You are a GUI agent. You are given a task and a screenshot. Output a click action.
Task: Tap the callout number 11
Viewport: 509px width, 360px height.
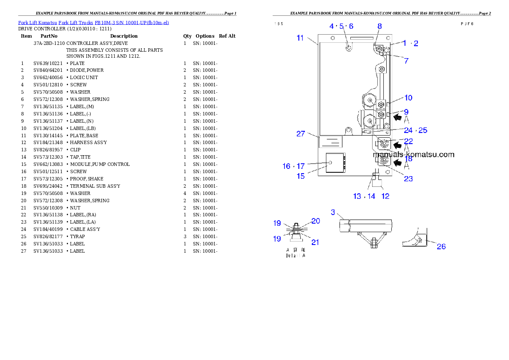(x=300, y=38)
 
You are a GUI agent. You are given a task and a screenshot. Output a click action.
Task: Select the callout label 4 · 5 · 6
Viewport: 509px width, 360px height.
(x=341, y=26)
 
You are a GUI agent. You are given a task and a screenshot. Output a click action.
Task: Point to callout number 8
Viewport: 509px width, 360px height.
(x=379, y=26)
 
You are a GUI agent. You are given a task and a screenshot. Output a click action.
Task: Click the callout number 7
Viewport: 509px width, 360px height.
(x=406, y=61)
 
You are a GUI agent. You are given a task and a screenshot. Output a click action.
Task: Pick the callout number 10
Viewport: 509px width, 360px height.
(x=408, y=98)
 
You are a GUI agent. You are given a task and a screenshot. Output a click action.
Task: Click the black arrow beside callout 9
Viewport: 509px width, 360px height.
(x=397, y=116)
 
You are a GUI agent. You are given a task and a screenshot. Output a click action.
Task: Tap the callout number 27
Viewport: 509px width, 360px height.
(x=301, y=134)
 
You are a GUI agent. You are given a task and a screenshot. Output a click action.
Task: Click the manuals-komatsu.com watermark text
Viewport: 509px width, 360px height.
(x=413, y=155)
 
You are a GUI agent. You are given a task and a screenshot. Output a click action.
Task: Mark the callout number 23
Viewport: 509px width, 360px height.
(x=408, y=179)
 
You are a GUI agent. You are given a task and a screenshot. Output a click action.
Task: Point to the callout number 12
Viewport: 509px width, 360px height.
(x=385, y=196)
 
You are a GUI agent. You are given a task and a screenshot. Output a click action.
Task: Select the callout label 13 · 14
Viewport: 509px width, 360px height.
(x=364, y=196)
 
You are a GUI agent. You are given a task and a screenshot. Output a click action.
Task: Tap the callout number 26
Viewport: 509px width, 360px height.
(x=441, y=246)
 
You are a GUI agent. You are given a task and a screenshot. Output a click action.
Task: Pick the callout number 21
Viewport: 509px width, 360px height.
(x=315, y=242)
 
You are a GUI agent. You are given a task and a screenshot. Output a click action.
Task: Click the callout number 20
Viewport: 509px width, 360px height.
(x=315, y=221)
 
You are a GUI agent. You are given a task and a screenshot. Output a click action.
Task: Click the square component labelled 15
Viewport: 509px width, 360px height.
(x=334, y=162)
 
